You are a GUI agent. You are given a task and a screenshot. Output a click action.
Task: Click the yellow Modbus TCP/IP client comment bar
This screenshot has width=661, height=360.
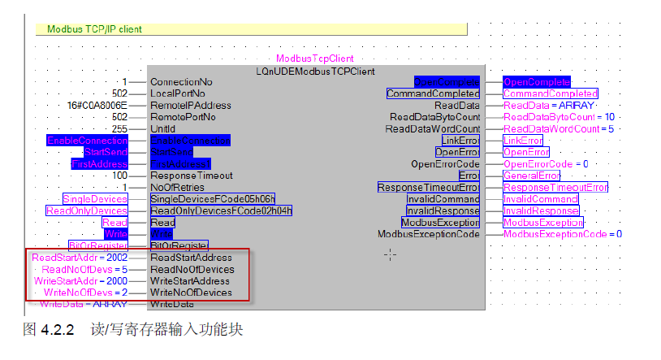coord(251,29)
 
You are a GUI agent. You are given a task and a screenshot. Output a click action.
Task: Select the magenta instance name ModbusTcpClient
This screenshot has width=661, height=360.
coord(314,59)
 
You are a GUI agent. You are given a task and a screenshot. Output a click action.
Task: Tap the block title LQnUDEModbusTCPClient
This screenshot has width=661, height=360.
coord(315,71)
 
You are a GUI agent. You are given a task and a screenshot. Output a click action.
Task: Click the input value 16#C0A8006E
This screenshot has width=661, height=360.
coord(97,106)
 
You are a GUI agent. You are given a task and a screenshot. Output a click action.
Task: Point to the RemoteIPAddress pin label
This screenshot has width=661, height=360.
coord(191,106)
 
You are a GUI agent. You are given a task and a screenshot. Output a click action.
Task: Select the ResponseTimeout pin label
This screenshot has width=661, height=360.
coord(192,176)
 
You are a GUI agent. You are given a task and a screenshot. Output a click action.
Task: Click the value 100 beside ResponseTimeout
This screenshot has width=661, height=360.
coord(119,176)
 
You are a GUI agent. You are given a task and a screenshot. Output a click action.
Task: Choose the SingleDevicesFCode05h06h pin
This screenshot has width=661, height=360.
coord(212,199)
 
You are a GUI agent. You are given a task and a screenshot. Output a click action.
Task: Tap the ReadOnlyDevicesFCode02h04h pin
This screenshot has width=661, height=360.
coord(221,210)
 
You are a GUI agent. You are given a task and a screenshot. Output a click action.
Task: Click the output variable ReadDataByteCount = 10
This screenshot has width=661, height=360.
coord(559,117)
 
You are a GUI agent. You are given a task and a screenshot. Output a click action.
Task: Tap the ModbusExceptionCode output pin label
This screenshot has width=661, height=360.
coord(429,234)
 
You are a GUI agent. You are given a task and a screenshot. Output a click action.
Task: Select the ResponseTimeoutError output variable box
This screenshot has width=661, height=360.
coord(555,188)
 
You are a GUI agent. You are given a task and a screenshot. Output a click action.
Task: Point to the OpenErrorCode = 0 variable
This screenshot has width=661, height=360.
coord(546,164)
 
